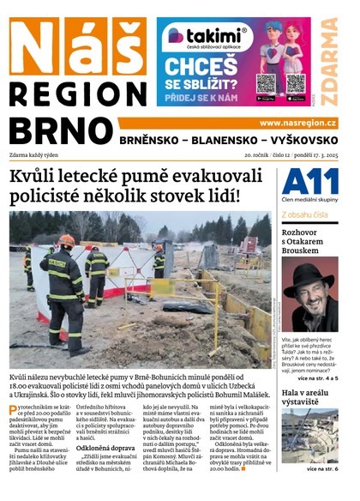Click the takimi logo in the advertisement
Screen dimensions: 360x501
click(206, 36)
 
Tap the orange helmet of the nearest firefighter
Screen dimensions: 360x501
click(67, 241)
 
